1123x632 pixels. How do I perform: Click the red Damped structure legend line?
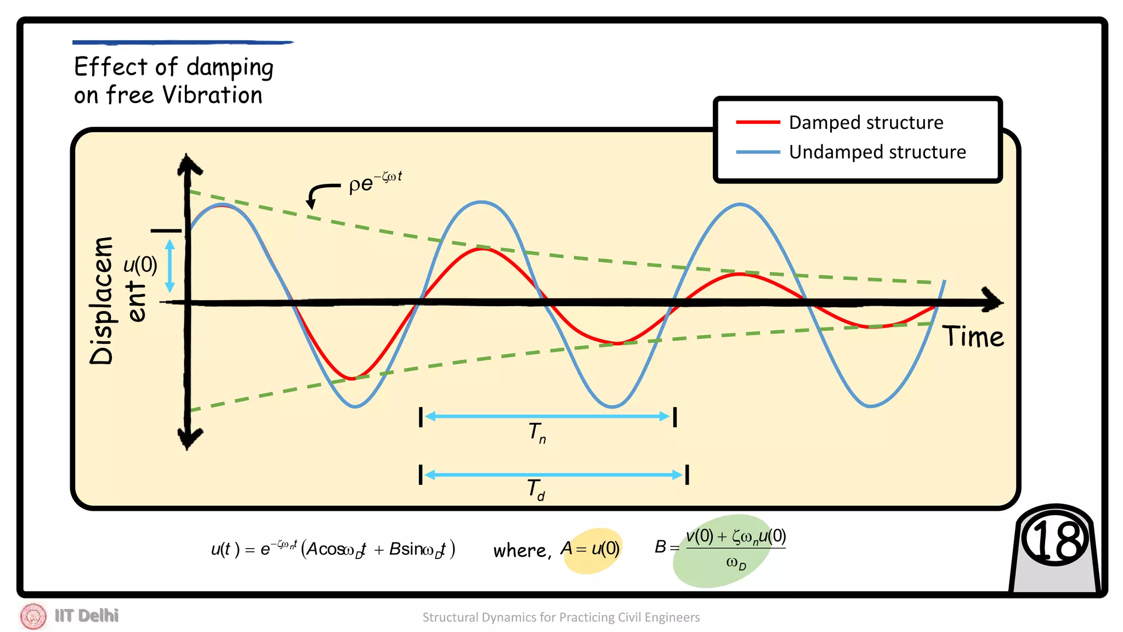pyautogui.click(x=758, y=122)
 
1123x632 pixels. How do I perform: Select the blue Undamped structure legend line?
pyautogui.click(x=758, y=152)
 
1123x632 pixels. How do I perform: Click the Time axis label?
pyautogui.click(x=973, y=336)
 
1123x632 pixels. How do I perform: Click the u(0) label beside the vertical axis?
pyautogui.click(x=140, y=265)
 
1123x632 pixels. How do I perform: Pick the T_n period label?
pyautogui.click(x=537, y=433)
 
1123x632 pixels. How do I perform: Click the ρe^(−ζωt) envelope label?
pyautogui.click(x=375, y=182)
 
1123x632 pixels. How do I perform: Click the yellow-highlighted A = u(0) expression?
pyautogui.click(x=591, y=549)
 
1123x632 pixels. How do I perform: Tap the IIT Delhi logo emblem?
pyautogui.click(x=33, y=616)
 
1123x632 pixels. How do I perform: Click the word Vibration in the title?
pyautogui.click(x=213, y=95)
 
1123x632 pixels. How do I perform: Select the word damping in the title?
pyautogui.click(x=230, y=68)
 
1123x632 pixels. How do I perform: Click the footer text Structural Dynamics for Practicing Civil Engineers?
pyautogui.click(x=561, y=617)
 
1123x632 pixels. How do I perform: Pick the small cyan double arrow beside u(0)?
pyautogui.click(x=170, y=266)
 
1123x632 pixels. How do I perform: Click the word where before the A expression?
pyautogui.click(x=519, y=550)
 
